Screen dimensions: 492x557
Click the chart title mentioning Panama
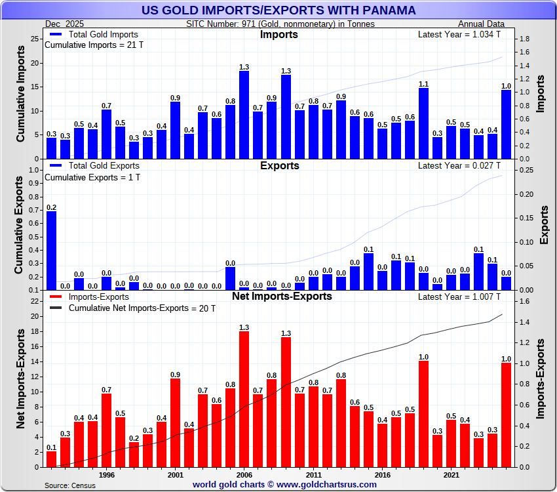tap(278, 10)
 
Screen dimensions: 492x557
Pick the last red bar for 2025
tap(506, 415)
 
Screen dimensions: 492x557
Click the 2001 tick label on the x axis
tap(175, 474)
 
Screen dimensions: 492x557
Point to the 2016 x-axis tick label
tap(382, 474)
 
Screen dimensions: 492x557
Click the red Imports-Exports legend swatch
tap(55, 297)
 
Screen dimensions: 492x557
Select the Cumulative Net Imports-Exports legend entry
tap(142, 308)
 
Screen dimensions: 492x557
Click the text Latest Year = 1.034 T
tap(459, 34)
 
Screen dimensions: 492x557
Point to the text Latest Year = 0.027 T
tap(459, 165)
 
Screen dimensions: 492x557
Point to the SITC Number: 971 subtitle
tap(280, 24)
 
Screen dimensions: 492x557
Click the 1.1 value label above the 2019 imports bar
tap(423, 84)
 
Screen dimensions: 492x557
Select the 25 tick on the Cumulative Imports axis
tap(36, 39)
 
